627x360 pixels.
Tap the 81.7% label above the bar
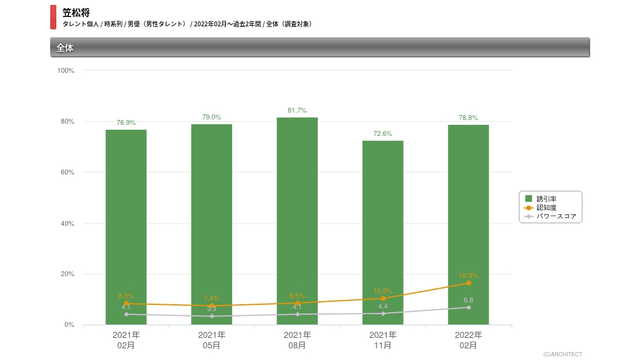tap(297, 110)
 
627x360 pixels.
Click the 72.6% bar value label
tap(383, 133)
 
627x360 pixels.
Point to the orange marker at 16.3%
tap(468, 283)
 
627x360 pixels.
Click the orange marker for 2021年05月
tap(212, 306)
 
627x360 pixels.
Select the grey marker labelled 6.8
tap(468, 307)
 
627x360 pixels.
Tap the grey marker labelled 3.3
tap(212, 316)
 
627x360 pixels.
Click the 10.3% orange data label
tap(383, 291)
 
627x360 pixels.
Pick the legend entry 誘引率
tap(546, 198)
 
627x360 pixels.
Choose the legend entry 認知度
tap(546, 208)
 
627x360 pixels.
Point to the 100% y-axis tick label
tap(66, 70)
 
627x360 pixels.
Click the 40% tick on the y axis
tap(67, 223)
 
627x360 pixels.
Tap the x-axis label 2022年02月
tap(468, 340)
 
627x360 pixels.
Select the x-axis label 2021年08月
tap(297, 340)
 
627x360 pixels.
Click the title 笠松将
tap(76, 12)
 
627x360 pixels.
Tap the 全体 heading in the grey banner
tap(65, 48)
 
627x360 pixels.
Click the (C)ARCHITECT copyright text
tap(562, 354)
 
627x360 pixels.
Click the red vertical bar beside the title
tap(53, 17)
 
